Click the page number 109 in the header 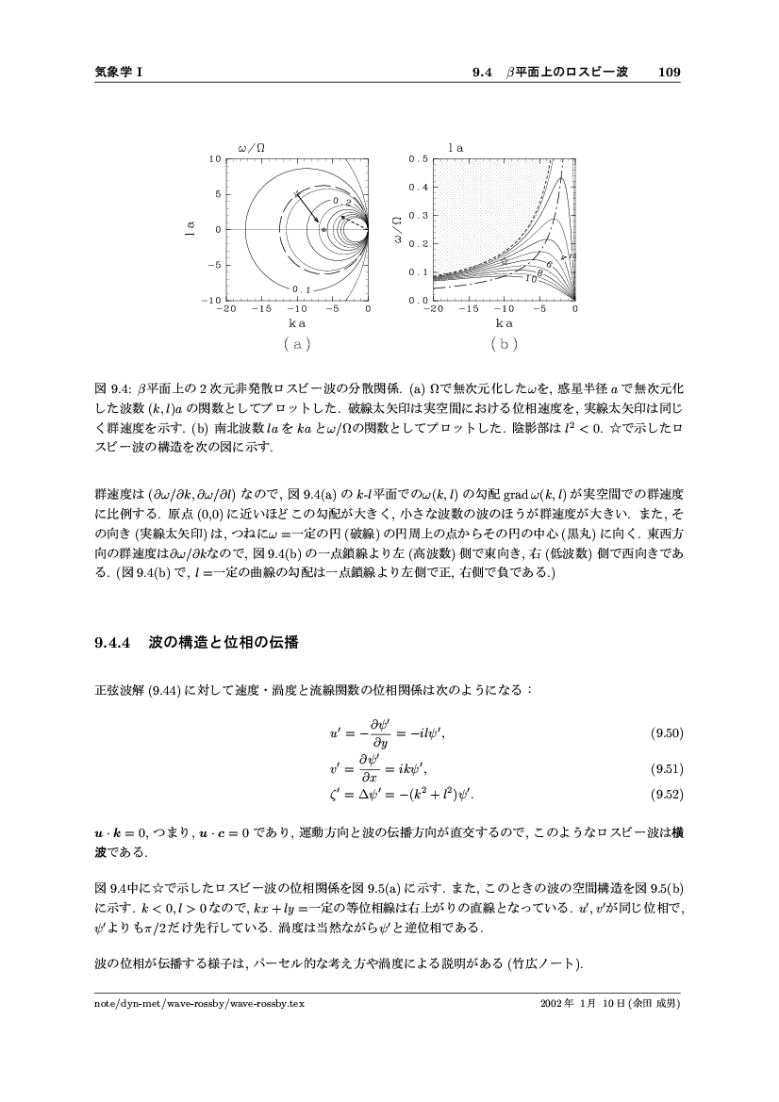[x=670, y=72]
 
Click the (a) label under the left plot [x=296, y=344]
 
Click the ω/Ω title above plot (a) [x=251, y=147]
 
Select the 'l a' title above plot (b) [x=456, y=147]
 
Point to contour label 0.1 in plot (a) [x=302, y=288]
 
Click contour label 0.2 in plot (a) [x=341, y=203]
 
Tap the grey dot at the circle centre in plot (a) [x=323, y=229]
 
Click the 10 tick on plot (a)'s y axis [x=215, y=158]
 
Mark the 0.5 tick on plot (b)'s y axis [x=419, y=158]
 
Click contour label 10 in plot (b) [x=531, y=279]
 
